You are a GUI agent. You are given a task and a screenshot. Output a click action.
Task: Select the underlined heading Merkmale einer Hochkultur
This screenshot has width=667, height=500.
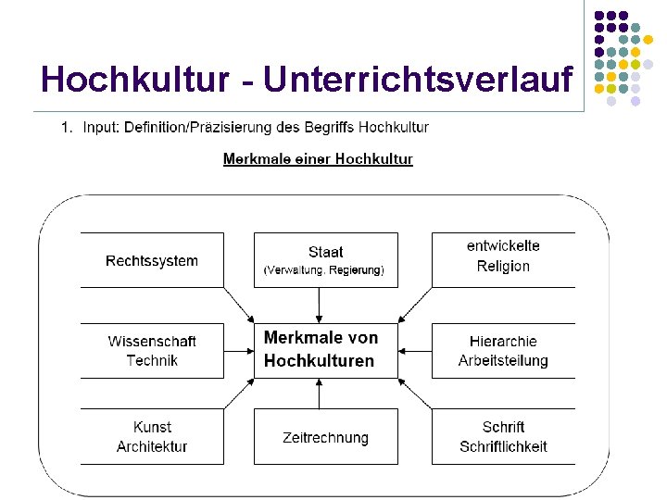coord(318,159)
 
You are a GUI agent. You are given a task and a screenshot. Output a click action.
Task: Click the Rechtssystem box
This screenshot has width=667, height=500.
coord(152,260)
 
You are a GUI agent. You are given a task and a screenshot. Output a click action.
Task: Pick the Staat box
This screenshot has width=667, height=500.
coord(325,259)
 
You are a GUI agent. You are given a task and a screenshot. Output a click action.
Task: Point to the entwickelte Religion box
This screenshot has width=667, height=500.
coord(503,258)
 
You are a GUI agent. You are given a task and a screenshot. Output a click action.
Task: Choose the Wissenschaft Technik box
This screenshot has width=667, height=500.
coord(152,351)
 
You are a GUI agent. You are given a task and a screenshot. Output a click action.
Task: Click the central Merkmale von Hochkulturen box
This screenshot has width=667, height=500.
coord(325,350)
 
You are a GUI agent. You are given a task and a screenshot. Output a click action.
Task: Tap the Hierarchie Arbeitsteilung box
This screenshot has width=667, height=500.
coord(503,351)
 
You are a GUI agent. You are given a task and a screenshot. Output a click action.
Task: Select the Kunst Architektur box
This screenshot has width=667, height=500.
coord(152,436)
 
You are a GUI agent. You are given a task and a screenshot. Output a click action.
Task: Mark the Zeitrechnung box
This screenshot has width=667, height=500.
coord(325,437)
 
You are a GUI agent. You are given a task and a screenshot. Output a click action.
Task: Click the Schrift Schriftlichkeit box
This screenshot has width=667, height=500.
coord(503,436)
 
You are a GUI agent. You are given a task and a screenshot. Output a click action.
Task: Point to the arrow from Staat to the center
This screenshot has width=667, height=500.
coord(319,305)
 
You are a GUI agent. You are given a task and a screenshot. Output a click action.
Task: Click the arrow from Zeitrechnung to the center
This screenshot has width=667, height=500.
coord(319,394)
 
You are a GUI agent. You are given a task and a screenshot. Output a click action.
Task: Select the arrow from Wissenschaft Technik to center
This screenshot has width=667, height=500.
coord(239,351)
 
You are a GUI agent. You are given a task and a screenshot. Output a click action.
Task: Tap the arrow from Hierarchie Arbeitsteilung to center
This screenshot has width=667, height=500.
coord(414,351)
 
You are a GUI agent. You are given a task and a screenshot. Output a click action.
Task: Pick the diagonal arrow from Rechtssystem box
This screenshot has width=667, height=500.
coord(238,303)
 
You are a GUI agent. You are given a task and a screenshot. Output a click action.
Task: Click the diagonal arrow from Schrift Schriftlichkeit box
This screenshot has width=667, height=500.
coord(415,395)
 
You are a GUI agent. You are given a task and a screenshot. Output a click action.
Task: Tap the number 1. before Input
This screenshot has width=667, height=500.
coord(66,127)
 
